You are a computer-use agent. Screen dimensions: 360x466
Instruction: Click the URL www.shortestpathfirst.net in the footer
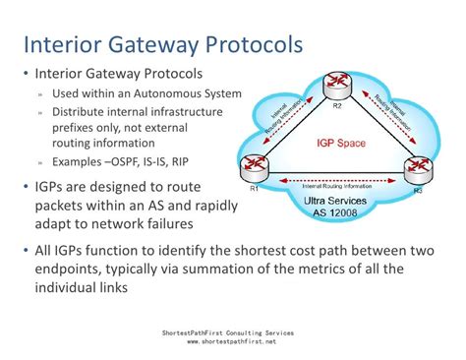click(x=232, y=341)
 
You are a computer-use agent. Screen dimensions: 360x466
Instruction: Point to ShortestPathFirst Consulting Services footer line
click(x=232, y=332)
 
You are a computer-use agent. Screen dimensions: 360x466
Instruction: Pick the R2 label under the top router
click(x=336, y=103)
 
